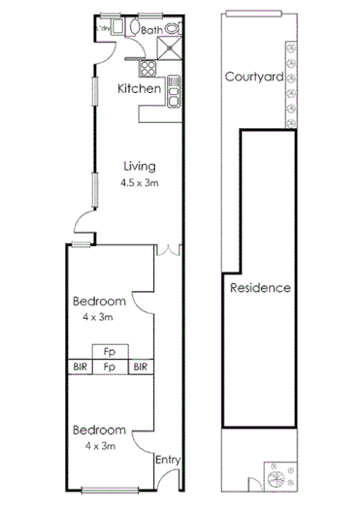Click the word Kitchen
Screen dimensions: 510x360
coord(139,89)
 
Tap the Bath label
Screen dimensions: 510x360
coord(151,31)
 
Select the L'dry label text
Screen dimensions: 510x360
coord(102,28)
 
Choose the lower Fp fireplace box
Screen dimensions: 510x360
coord(111,367)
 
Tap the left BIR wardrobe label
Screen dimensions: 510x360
coord(80,367)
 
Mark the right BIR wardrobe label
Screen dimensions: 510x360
coord(141,367)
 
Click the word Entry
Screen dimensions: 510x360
coord(168,460)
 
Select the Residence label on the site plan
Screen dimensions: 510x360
coord(260,288)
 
